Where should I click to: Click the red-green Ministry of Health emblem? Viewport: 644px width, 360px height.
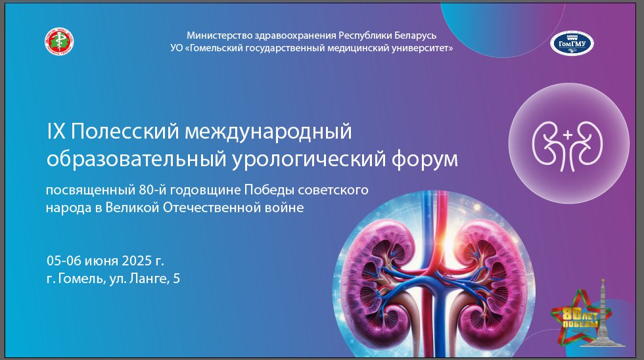coord(59,41)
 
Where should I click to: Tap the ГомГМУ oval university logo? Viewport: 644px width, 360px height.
coord(572,43)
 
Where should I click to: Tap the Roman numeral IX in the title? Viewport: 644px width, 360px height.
coord(57,131)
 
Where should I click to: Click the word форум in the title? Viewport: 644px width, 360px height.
coord(425,159)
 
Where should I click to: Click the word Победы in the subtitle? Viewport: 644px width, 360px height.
coord(269,190)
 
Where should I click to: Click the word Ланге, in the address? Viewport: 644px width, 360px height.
coord(150,279)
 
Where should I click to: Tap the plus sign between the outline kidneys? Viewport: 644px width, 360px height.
coord(568,135)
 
